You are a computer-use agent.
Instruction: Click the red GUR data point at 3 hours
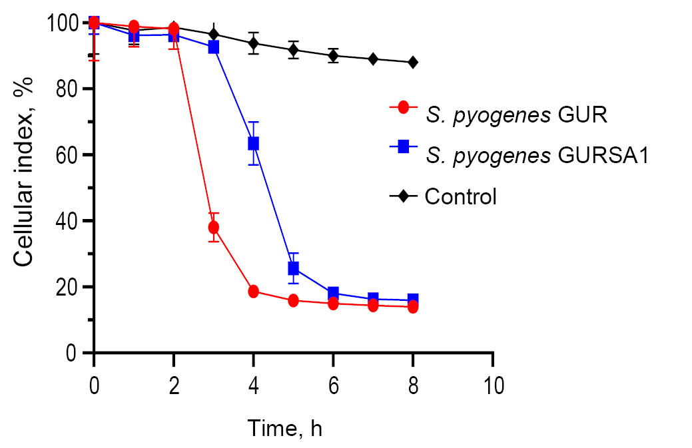214,228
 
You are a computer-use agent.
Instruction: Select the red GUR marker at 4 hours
253,291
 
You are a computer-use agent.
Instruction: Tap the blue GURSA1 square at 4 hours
253,143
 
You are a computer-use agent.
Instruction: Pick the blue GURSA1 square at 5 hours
293,268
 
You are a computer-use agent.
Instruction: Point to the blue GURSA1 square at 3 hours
214,47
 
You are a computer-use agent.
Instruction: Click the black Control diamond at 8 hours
413,63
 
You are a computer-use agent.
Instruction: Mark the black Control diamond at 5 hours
293,50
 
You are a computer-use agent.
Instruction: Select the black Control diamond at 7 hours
373,59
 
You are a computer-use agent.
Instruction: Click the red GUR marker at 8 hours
413,307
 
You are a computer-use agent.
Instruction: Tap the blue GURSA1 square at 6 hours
333,293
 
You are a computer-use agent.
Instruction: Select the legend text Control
461,197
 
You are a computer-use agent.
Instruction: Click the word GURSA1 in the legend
599,156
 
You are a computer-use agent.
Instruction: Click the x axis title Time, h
284,427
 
